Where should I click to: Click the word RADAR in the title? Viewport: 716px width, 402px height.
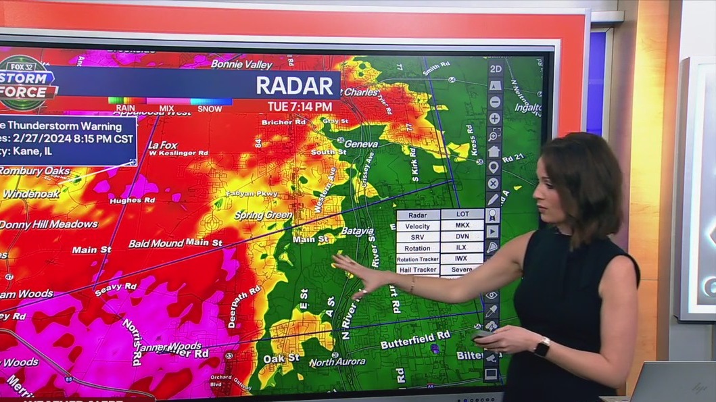[294, 85]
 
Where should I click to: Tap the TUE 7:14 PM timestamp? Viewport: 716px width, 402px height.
[300, 106]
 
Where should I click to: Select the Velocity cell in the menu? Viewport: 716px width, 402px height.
[418, 226]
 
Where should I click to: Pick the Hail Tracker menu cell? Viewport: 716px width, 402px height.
[417, 270]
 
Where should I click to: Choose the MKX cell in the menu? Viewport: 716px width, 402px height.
[462, 226]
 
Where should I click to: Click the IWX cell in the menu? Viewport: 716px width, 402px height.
[462, 258]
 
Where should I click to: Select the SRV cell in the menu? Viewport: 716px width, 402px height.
[418, 236]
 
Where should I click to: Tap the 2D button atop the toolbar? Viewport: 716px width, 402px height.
[496, 69]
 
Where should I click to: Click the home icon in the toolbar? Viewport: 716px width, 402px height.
[494, 151]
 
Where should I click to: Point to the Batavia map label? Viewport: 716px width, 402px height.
[356, 231]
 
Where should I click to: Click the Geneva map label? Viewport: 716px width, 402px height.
[360, 144]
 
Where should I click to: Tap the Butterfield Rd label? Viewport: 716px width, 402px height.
[415, 340]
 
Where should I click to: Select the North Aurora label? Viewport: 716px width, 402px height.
[337, 363]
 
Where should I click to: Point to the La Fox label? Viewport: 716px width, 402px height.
[162, 145]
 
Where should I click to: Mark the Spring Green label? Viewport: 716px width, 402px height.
[263, 216]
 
